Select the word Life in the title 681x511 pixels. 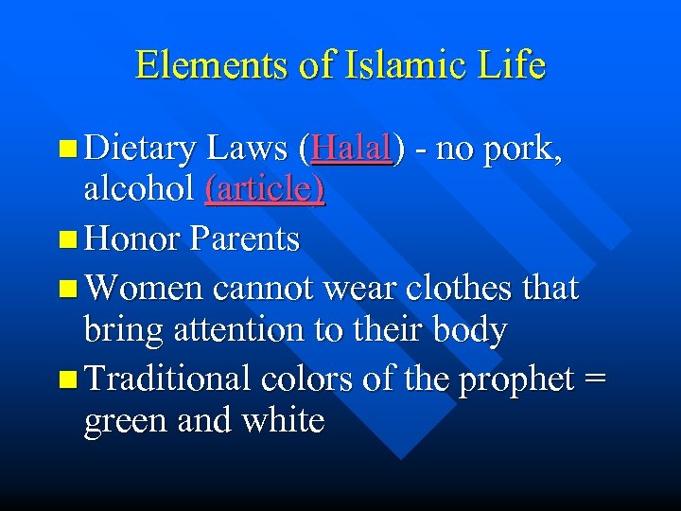(x=514, y=65)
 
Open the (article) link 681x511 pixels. (x=265, y=190)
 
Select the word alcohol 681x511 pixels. (x=140, y=190)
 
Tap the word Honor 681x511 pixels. (x=131, y=238)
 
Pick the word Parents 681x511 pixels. (x=245, y=238)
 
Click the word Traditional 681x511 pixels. (x=167, y=379)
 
